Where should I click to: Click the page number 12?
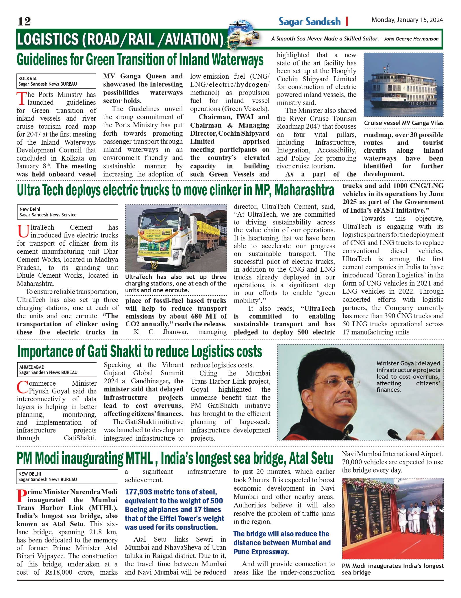click(24, 21)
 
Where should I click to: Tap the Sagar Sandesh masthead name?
click(310, 21)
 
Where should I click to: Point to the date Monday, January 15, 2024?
click(407, 20)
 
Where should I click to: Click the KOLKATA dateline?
click(27, 78)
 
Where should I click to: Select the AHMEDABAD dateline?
click(32, 367)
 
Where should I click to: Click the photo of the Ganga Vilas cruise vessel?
click(403, 84)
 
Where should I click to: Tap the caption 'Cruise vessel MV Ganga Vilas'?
click(403, 123)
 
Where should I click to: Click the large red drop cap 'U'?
click(23, 231)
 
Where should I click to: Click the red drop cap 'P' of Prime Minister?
click(22, 496)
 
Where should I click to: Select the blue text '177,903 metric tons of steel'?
click(171, 492)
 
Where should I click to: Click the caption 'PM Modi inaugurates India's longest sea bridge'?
click(393, 569)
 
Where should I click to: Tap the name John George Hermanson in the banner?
click(411, 39)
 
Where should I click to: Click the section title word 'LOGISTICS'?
click(48, 39)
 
